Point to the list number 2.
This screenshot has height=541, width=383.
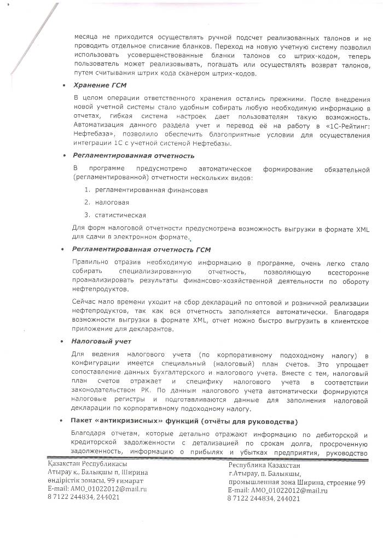(x=87, y=202)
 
